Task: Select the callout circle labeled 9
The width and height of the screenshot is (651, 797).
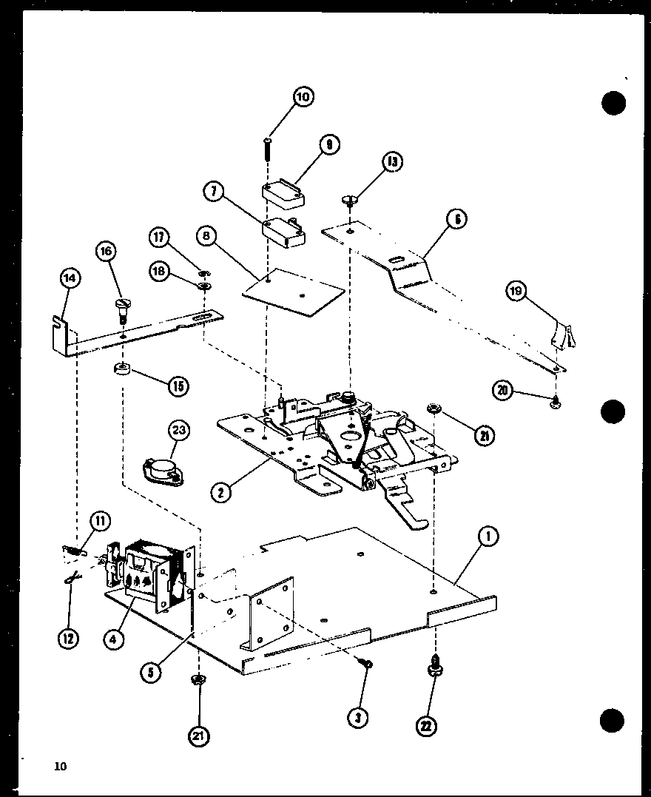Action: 328,146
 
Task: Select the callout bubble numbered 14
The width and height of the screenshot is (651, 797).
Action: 70,279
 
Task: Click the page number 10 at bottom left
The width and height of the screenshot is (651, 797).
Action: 60,767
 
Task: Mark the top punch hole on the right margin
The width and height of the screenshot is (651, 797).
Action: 613,103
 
